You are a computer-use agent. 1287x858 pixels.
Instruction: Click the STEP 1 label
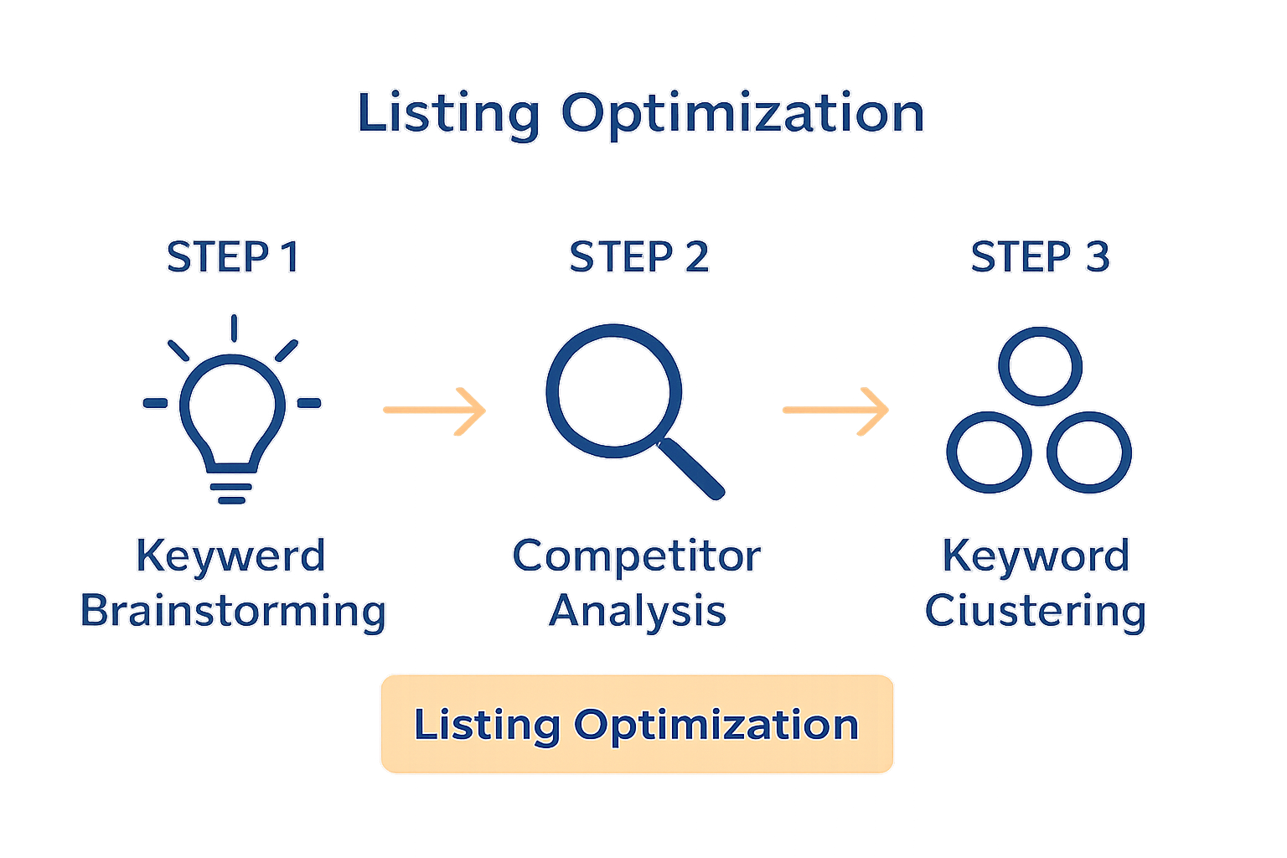pos(232,257)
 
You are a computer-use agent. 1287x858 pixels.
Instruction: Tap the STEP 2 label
pos(638,257)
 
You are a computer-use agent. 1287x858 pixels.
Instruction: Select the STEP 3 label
pos(1040,257)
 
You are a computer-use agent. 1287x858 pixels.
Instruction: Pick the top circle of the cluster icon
pos(1040,366)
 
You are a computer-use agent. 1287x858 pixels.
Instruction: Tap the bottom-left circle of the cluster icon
pos(989,452)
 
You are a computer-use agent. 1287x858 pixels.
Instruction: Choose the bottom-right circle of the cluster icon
pos(1089,452)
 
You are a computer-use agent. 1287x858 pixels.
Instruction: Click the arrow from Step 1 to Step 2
pos(434,410)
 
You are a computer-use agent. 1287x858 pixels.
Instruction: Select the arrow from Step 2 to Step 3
pos(835,410)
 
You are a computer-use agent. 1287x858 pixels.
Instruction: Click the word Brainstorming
pos(233,611)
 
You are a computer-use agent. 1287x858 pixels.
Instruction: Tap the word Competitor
pos(636,556)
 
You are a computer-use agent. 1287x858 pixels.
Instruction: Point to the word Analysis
pos(638,611)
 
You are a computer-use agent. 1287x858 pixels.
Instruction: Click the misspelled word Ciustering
pos(1036,611)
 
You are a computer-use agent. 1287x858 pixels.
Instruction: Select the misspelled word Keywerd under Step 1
pos(230,556)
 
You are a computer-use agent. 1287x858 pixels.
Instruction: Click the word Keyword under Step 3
pos(1036,556)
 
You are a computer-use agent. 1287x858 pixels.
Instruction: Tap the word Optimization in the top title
pos(742,113)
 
